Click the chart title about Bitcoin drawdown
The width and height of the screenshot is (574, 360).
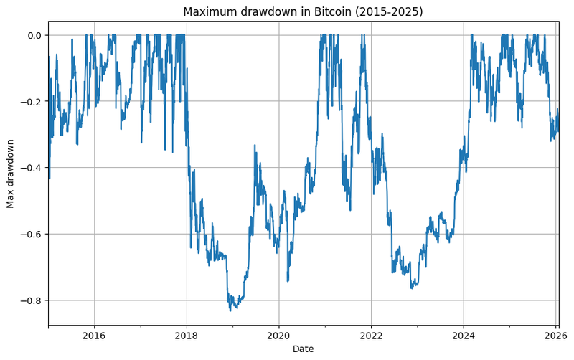coord(303,11)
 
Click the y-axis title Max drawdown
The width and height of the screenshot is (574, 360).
coord(11,174)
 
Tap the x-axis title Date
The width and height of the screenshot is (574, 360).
coord(303,349)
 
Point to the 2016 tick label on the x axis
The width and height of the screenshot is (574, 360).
coord(94,335)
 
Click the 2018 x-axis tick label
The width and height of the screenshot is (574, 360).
coord(187,335)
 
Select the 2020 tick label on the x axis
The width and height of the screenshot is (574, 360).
coord(279,335)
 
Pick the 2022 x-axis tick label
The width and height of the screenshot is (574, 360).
coord(371,335)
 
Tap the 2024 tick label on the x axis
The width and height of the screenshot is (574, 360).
coord(464,335)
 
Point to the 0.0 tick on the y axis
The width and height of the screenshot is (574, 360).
coord(34,35)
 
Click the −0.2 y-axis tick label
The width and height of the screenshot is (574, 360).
coord(31,102)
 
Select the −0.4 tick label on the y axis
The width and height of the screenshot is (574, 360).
coord(31,168)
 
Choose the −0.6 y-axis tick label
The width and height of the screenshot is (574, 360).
coord(31,235)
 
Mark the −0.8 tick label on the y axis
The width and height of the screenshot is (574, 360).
coord(31,300)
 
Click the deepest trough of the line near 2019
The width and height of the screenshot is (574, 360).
coord(230,311)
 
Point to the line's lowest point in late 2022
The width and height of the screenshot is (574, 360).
coord(411,288)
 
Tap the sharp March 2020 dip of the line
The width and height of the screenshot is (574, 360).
coord(288,281)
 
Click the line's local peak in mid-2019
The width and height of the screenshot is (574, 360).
coord(255,146)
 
